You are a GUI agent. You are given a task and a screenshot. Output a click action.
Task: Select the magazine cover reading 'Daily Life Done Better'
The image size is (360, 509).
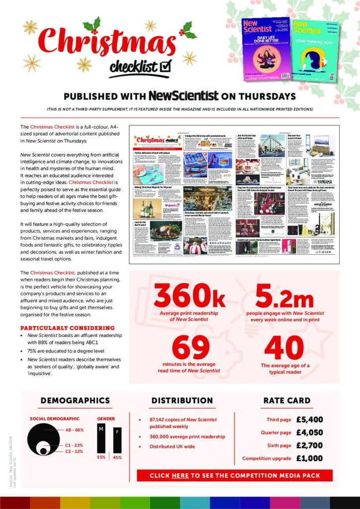[x=265, y=49]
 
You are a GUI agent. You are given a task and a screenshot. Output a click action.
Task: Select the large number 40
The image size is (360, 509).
[x=285, y=348]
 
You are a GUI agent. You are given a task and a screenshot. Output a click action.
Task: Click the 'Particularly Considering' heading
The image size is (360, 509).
[x=67, y=328]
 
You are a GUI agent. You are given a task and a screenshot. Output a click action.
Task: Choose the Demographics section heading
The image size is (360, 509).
[x=75, y=400]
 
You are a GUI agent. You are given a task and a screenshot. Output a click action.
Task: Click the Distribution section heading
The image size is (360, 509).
[x=182, y=400]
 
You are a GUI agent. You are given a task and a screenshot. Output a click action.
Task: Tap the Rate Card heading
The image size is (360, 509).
[x=287, y=400]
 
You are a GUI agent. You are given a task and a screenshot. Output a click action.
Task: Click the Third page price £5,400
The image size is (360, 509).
[x=309, y=420]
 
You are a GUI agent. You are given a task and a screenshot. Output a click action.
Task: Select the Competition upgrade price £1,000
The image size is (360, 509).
[x=309, y=458]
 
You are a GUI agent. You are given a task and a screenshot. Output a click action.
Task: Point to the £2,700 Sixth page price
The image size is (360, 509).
[x=309, y=445]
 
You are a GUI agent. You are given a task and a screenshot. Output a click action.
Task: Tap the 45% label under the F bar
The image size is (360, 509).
[x=117, y=457]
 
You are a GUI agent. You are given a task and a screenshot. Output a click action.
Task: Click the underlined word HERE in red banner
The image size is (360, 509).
[x=180, y=476]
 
